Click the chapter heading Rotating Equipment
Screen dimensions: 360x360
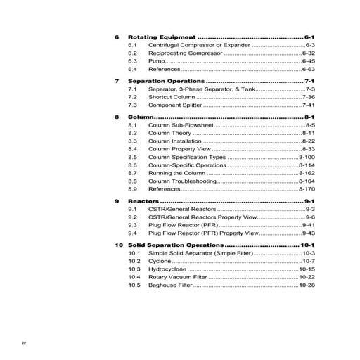[162, 36]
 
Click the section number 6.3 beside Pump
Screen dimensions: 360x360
[133, 61]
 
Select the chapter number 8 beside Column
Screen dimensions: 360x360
[117, 116]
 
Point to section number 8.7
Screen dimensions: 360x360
[133, 172]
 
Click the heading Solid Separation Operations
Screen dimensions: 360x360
[184, 245]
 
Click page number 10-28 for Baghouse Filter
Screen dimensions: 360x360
[307, 285]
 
